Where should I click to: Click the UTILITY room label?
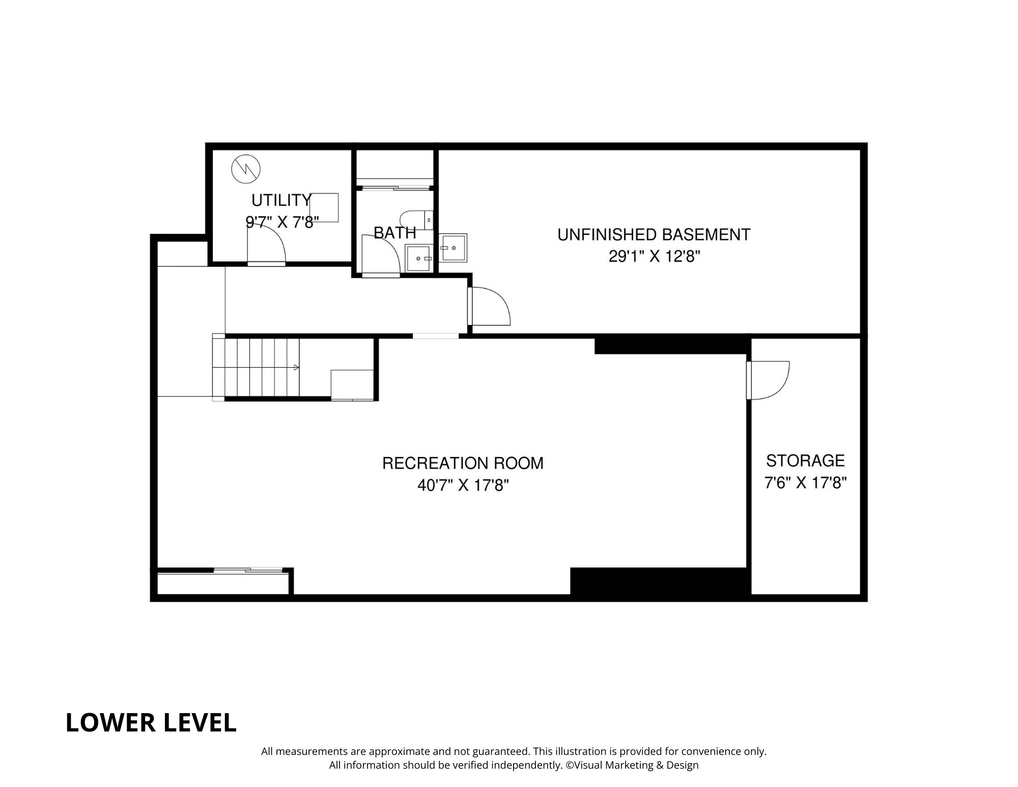tap(281, 200)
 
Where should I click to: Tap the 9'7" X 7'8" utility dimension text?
tap(282, 222)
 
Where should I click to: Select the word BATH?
tap(395, 233)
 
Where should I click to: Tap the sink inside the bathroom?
tap(418, 258)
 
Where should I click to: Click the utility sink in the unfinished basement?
tap(453, 248)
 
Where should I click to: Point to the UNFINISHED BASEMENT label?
tap(654, 235)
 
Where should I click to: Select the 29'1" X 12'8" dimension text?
tap(654, 256)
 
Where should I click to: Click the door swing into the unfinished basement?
tap(490, 306)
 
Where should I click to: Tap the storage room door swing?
tap(768, 380)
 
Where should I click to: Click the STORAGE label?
tap(805, 461)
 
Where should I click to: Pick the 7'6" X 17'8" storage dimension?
tap(805, 482)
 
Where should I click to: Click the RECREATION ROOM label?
tap(463, 463)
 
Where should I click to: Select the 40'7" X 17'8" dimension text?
tap(463, 485)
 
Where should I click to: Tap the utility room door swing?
tap(266, 245)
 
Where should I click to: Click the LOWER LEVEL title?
tap(151, 723)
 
